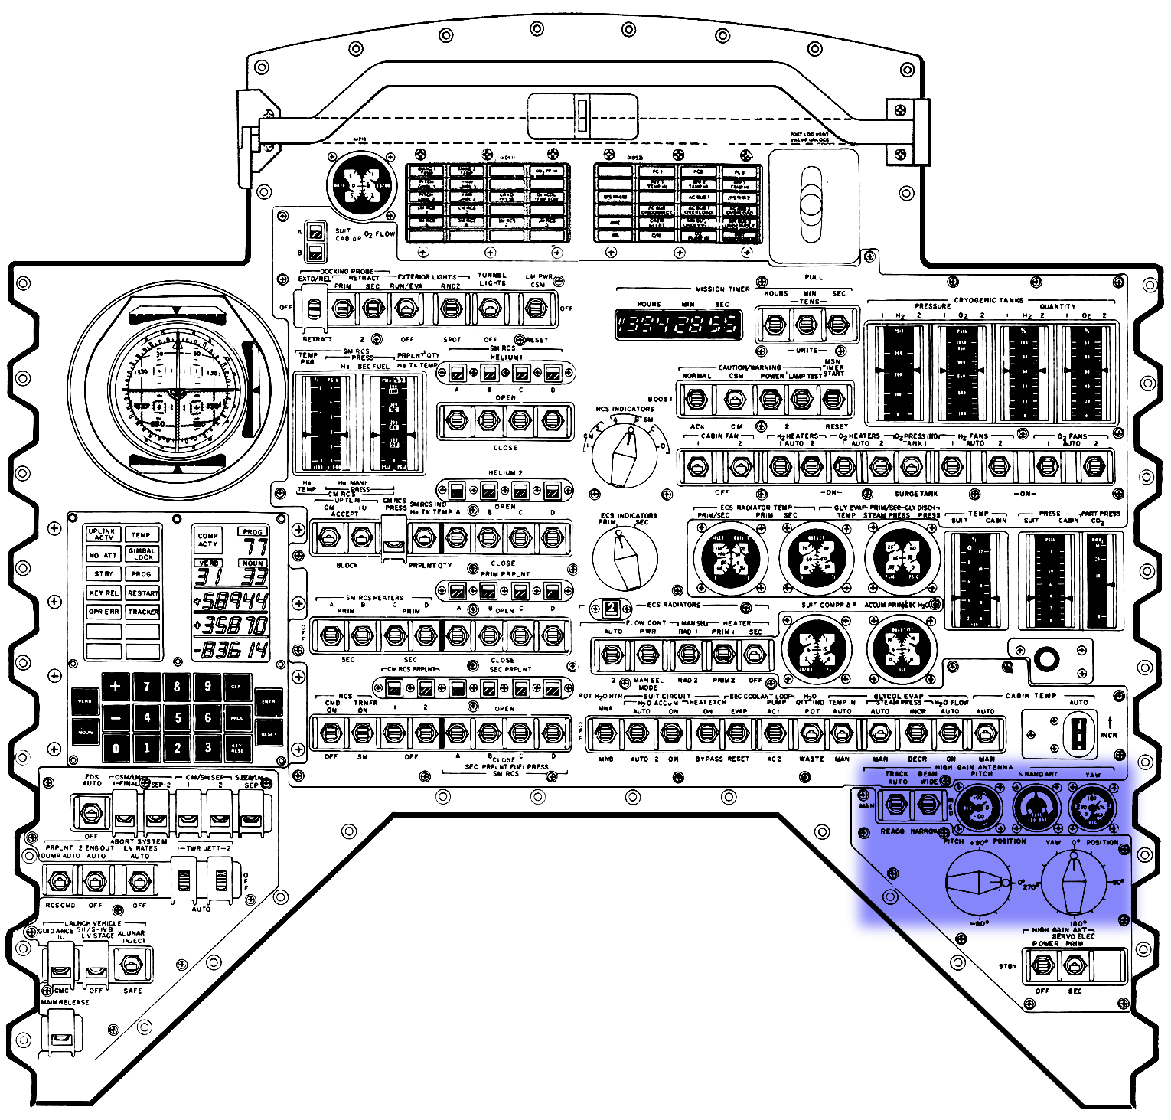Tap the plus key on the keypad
116,687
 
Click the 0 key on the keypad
116,748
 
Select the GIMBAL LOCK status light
142,553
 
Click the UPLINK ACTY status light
103,534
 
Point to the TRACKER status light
142,612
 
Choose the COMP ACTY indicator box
208,540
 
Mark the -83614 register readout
231,650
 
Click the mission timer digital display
679,324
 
